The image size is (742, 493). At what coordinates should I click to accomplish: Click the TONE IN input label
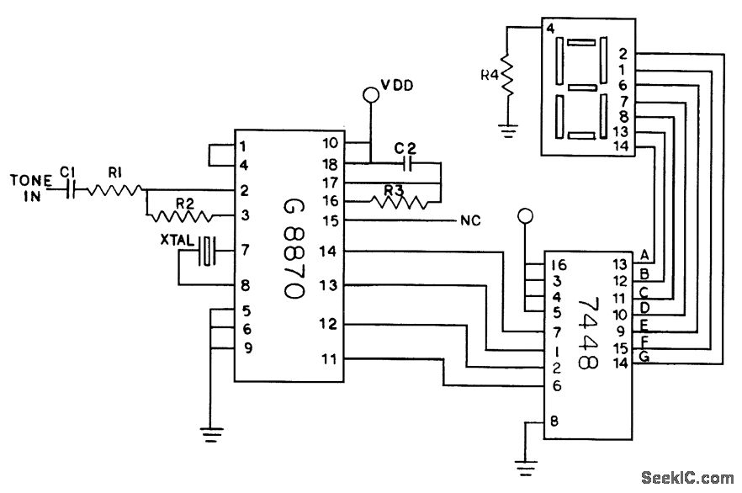click(31, 188)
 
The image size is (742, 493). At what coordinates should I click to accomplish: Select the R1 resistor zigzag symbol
click(115, 190)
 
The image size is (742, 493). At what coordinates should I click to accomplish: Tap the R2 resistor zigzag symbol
click(180, 217)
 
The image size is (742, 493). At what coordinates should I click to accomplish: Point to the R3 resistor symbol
click(400, 202)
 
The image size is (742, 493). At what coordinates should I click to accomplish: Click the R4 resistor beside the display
click(507, 74)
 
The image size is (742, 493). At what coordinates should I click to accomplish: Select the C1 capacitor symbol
click(70, 190)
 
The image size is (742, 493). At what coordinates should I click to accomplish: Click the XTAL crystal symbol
click(206, 250)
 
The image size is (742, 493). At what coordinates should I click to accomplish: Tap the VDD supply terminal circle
click(370, 94)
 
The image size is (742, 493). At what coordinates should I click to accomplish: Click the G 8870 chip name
click(294, 247)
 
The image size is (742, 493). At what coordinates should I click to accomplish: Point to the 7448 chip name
click(588, 333)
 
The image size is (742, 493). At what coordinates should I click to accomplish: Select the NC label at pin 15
click(470, 220)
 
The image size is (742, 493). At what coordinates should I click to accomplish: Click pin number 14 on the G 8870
click(327, 252)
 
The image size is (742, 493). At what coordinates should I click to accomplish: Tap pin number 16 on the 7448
click(559, 265)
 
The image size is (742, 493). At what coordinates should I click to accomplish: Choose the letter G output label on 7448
click(644, 356)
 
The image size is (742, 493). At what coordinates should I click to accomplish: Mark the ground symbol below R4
click(508, 130)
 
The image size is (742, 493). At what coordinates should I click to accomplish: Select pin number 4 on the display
click(550, 29)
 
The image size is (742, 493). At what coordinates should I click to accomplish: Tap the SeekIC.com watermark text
click(687, 478)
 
